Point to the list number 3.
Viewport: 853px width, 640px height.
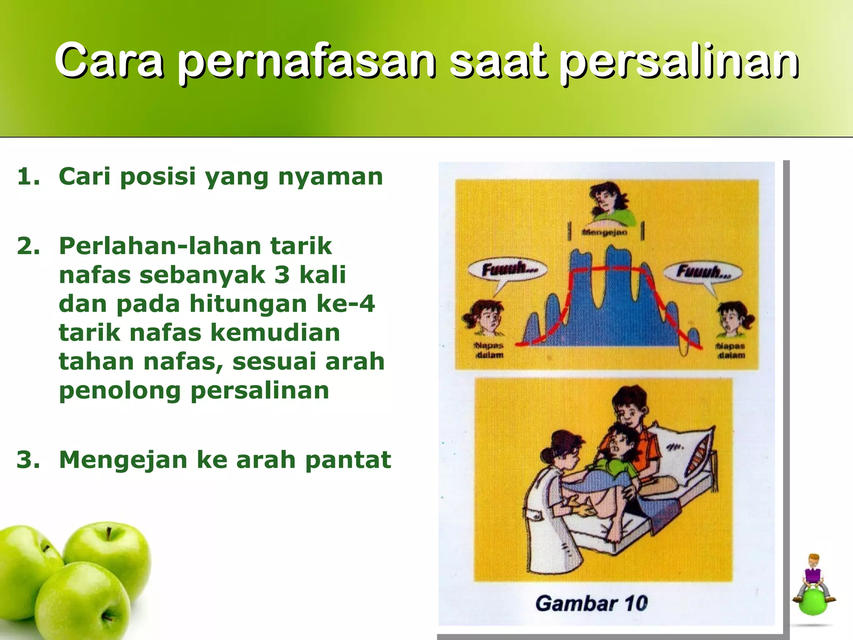tap(28, 460)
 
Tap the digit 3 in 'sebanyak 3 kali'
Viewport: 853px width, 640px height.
tap(282, 275)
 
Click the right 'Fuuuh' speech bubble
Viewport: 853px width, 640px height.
tap(703, 272)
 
